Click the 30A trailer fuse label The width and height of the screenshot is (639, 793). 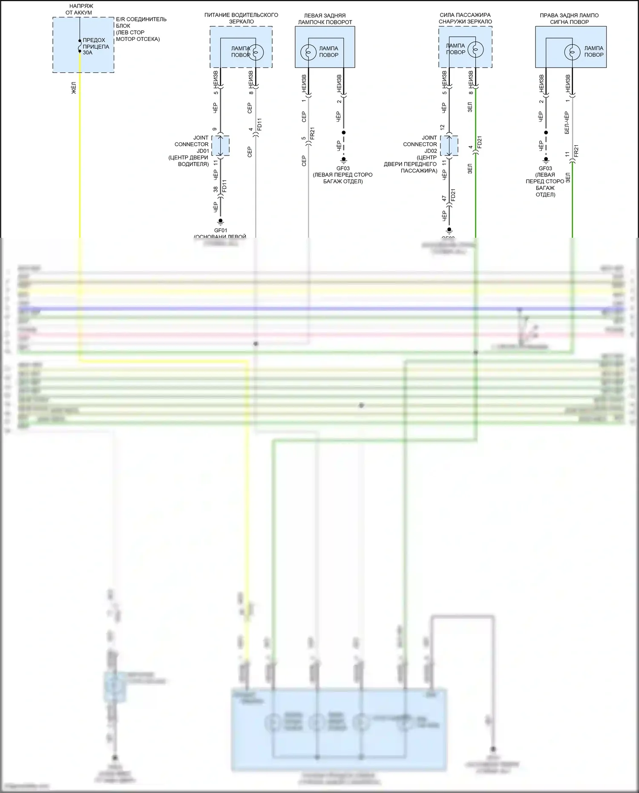[x=87, y=53]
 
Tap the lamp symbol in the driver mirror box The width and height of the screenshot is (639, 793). [x=256, y=52]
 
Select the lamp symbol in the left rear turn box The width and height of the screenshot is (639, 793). [x=308, y=52]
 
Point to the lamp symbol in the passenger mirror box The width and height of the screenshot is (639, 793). [x=475, y=49]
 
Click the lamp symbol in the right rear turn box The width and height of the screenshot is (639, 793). [x=572, y=52]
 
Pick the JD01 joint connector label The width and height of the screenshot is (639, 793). [x=202, y=151]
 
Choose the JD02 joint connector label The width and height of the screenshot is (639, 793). [x=431, y=151]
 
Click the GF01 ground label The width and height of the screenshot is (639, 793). [x=221, y=231]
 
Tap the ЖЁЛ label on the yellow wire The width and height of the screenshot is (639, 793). [x=74, y=89]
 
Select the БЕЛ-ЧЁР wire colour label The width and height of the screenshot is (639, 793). [x=567, y=123]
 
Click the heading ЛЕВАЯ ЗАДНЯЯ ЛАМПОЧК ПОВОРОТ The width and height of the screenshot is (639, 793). [x=325, y=19]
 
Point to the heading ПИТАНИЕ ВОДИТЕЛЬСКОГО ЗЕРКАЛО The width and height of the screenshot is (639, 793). [x=241, y=18]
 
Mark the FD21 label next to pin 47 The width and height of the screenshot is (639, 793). [x=453, y=195]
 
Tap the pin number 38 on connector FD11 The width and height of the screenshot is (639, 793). [x=216, y=189]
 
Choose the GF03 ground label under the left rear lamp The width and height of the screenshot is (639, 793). [x=343, y=168]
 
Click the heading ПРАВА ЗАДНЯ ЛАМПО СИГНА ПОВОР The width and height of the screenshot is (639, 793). [x=569, y=19]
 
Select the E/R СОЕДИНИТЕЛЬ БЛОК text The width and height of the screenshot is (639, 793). [x=141, y=23]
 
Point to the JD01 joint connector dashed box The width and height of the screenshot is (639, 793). [x=221, y=146]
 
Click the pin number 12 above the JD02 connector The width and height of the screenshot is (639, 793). [x=443, y=127]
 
